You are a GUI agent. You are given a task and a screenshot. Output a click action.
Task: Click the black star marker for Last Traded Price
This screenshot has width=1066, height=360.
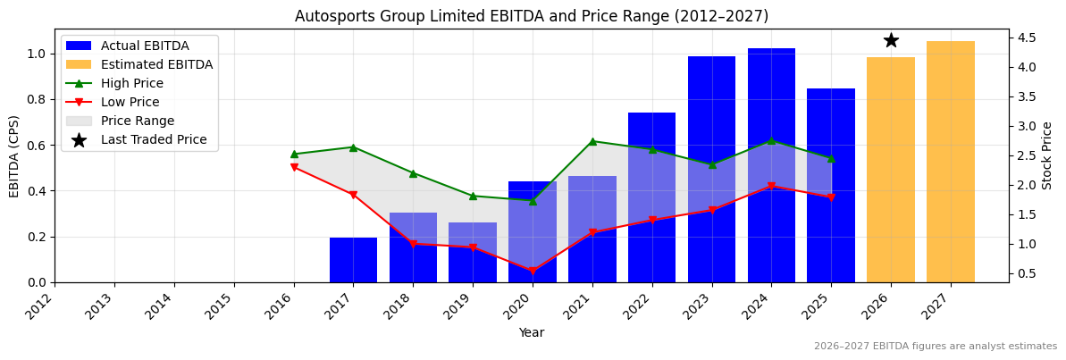pos(891,40)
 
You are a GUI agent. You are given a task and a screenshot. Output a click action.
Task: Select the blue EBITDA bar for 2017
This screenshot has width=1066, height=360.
pos(353,260)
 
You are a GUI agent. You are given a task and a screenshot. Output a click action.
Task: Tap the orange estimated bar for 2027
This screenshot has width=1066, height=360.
pos(950,162)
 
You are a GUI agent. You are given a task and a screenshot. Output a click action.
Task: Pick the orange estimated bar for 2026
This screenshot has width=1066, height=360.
pos(891,170)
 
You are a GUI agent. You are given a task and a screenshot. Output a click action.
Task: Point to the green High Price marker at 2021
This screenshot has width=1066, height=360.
pos(592,141)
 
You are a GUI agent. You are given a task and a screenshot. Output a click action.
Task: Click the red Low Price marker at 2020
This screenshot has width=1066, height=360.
pos(533,271)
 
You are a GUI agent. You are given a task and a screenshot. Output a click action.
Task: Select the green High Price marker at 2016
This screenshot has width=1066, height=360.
pos(294,154)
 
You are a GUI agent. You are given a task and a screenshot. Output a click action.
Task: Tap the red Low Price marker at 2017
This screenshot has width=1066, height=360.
pos(353,195)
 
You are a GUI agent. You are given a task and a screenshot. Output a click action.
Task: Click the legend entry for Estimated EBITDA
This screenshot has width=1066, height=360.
pos(156,64)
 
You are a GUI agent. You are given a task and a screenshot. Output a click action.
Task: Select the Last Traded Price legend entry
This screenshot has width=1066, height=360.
pos(153,139)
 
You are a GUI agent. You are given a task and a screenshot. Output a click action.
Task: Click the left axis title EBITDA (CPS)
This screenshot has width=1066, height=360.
pos(14,155)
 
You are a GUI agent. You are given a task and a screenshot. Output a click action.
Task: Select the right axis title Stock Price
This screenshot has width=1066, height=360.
pos(1047,155)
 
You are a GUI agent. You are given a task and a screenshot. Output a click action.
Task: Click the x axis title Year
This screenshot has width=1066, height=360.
pos(531,332)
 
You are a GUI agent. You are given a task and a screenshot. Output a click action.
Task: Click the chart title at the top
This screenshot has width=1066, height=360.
pos(531,16)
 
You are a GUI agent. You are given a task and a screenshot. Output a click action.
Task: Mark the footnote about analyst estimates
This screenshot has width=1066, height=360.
pos(935,347)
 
